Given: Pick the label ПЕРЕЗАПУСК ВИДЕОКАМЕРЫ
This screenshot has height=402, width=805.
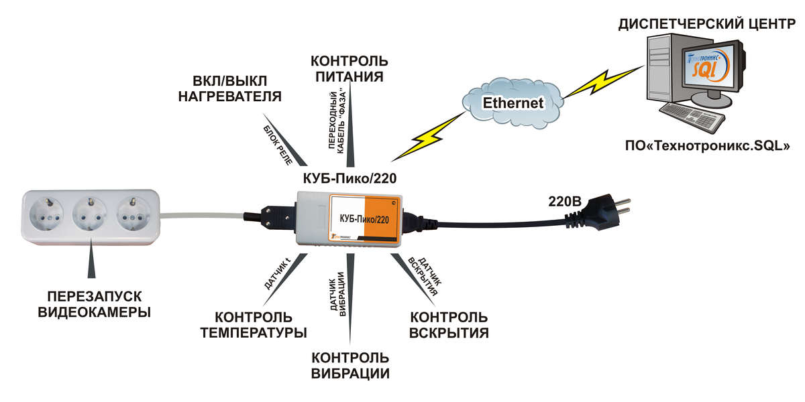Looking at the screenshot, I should [x=94, y=304].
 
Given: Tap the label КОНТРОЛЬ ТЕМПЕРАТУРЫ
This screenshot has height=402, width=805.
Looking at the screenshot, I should [x=254, y=325].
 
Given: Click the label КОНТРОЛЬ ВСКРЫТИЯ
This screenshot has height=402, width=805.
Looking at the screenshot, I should [x=448, y=324].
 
